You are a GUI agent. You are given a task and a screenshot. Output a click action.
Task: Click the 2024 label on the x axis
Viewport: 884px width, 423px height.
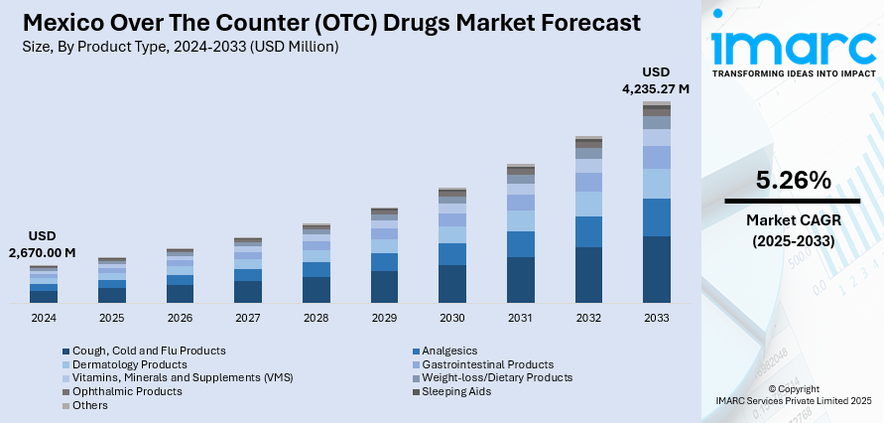(44, 318)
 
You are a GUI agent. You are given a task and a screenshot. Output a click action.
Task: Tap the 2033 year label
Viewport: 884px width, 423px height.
(656, 318)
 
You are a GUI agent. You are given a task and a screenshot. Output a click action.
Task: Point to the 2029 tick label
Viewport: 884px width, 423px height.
(384, 318)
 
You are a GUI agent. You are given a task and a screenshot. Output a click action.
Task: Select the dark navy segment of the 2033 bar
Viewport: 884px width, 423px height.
(656, 268)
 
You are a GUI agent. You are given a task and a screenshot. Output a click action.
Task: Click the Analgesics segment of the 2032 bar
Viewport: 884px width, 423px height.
(588, 231)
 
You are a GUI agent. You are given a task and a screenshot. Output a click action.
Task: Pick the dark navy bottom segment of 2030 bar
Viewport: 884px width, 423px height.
(452, 283)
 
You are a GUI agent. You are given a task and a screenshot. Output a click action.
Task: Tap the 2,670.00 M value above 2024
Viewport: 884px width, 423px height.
(43, 253)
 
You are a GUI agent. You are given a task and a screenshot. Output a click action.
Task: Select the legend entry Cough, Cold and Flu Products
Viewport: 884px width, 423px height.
(149, 351)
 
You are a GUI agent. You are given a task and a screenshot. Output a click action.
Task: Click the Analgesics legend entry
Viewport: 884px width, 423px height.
(449, 351)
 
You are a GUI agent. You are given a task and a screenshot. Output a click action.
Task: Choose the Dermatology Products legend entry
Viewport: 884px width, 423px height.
(134, 364)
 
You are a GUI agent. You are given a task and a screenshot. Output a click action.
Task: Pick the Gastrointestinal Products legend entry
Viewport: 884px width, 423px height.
(487, 364)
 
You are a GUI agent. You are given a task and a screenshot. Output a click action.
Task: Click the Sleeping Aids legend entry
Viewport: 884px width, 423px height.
(456, 391)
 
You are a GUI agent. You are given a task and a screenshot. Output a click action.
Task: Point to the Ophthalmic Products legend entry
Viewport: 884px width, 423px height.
(128, 391)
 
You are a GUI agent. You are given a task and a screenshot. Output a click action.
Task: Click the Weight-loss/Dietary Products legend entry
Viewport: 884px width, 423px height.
(497, 377)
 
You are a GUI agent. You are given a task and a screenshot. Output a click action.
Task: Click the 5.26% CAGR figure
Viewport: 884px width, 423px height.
(792, 180)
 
